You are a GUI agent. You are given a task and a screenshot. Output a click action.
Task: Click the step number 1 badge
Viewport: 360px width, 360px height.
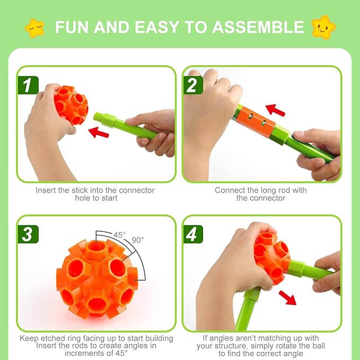click(27, 84)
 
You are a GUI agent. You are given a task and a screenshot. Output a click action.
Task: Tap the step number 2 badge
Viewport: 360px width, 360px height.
click(192, 84)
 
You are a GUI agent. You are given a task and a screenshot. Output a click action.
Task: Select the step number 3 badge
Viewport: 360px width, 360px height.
click(27, 233)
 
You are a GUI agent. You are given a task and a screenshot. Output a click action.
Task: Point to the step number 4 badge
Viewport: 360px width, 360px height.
click(192, 233)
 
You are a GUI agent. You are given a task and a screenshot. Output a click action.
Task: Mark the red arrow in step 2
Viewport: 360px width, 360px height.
click(275, 110)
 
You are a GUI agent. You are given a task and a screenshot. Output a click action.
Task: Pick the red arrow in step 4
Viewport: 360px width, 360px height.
click(287, 296)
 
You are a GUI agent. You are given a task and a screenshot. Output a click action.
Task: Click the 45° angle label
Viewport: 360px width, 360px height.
click(120, 234)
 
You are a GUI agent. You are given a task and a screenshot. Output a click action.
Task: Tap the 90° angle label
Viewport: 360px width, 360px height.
click(138, 240)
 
